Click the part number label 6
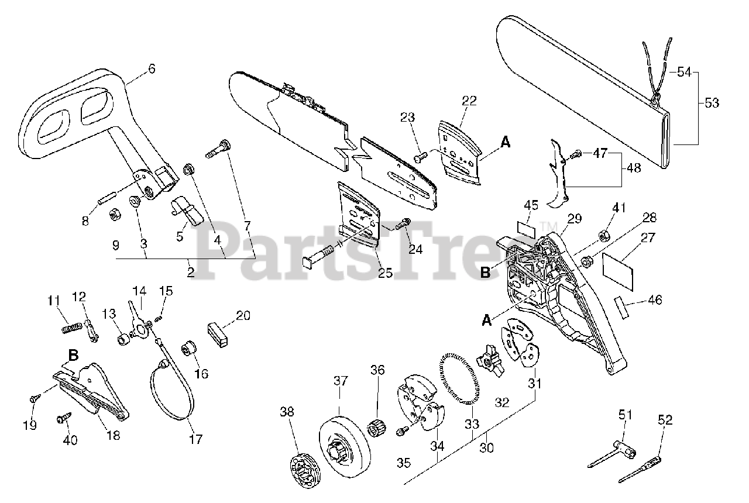(152, 68)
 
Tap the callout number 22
(469, 101)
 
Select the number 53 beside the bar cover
(712, 103)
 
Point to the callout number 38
(287, 411)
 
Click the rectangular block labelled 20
(218, 335)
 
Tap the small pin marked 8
(107, 195)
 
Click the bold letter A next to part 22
(505, 142)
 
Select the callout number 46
(655, 301)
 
